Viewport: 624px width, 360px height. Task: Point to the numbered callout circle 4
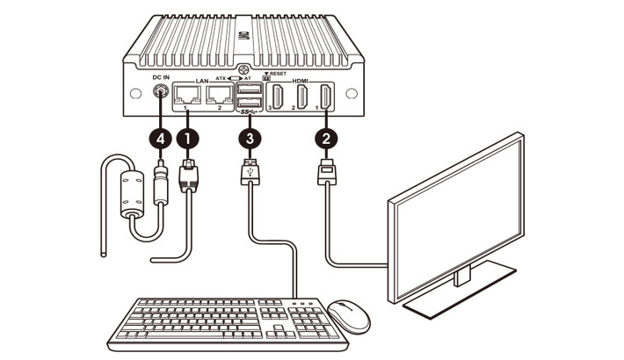point(159,138)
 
